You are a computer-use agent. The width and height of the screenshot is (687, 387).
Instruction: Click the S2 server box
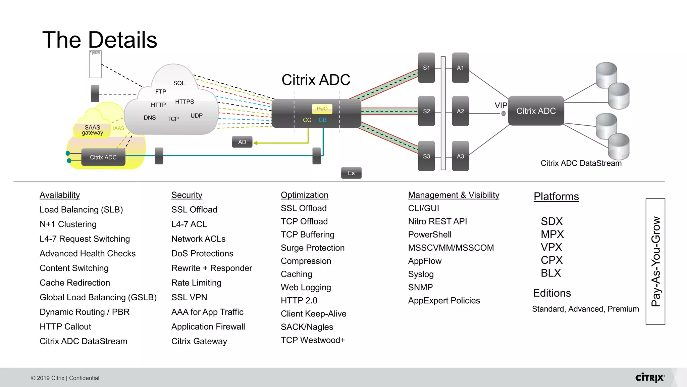[426, 111]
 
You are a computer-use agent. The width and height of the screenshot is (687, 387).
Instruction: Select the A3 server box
[460, 156]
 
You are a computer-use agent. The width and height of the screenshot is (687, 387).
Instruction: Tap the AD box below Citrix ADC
[242, 142]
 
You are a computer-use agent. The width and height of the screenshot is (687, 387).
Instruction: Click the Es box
[351, 173]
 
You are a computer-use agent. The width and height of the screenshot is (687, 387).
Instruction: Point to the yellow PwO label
[322, 109]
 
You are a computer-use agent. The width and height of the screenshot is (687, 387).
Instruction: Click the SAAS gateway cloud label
[92, 130]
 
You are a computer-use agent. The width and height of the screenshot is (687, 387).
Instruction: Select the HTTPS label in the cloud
[184, 102]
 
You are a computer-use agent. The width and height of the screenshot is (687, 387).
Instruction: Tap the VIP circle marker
[503, 114]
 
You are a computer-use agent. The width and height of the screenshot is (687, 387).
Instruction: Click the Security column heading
[187, 195]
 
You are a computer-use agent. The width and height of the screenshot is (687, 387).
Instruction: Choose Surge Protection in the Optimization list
[313, 248]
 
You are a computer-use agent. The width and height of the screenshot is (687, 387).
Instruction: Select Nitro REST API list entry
[437, 221]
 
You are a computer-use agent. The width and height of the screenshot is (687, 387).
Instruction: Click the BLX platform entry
[551, 273]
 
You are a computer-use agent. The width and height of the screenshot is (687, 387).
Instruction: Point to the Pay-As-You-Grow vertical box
[655, 261]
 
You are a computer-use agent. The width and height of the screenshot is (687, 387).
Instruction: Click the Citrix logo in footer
[649, 378]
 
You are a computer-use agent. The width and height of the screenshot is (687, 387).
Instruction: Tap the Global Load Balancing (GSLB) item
[98, 297]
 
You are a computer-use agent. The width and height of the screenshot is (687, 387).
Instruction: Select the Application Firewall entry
[208, 327]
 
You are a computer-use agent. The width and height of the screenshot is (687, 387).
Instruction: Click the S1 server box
[426, 68]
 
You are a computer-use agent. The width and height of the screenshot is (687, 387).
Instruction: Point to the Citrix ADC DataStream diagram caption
[581, 163]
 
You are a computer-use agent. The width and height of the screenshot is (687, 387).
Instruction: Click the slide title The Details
[100, 40]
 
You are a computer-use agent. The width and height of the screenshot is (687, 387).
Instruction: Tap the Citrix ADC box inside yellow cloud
[103, 157]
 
